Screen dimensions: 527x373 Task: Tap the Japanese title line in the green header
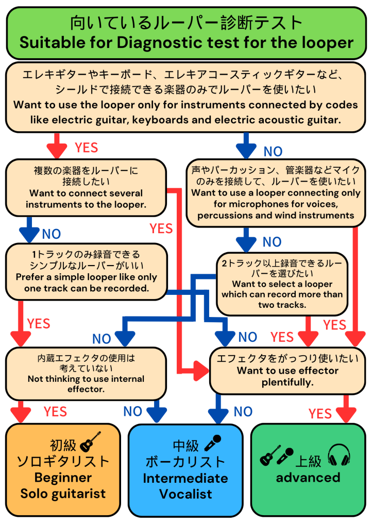(x=186, y=22)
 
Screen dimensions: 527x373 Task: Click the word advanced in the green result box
(x=308, y=477)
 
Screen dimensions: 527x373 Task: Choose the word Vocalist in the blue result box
(x=185, y=494)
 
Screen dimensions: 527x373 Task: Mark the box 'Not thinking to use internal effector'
(x=86, y=373)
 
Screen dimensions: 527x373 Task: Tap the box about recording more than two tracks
(x=282, y=284)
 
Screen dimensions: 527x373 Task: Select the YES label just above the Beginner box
(x=56, y=412)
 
